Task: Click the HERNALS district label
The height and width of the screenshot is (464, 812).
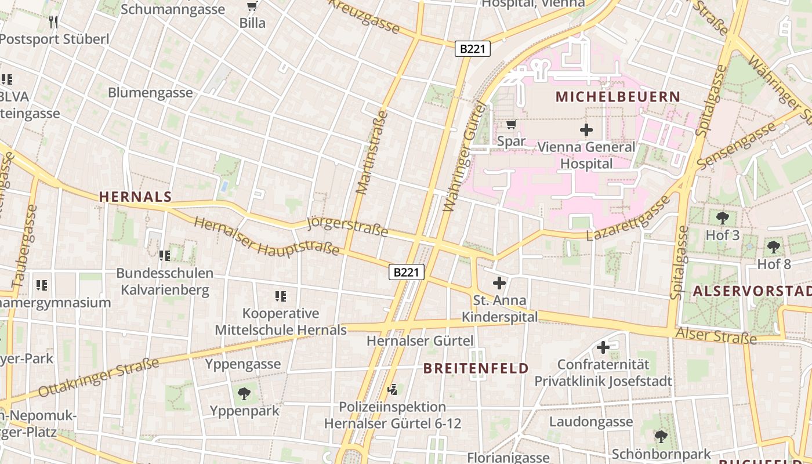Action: point(135,197)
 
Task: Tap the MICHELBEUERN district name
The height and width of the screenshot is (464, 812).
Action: point(618,96)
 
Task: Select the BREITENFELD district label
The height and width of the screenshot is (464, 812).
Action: point(476,368)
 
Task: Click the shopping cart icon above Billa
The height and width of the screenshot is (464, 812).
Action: point(252,6)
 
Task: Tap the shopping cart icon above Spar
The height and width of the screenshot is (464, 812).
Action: point(511,124)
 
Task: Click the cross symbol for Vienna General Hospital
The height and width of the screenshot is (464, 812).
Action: point(586,130)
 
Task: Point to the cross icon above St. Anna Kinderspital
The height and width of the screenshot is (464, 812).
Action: point(499,283)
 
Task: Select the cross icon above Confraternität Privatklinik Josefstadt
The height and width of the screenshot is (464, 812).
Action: point(603,347)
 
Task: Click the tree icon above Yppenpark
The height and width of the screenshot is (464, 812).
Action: point(244,394)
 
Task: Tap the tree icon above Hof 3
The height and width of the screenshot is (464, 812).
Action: point(722,218)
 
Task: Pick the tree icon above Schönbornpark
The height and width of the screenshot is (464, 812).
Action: point(661,436)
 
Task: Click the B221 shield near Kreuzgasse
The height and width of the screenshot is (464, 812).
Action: point(472,49)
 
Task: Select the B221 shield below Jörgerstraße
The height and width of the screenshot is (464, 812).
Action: point(407,272)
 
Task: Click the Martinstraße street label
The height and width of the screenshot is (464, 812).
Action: point(372,152)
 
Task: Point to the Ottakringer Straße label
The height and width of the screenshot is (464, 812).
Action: point(99,378)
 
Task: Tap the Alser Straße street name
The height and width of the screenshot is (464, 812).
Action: point(716,335)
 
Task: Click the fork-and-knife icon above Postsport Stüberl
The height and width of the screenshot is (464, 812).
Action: point(53,22)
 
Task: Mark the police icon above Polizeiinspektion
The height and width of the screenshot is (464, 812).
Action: point(393,389)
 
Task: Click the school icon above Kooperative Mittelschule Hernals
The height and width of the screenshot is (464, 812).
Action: point(281,296)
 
